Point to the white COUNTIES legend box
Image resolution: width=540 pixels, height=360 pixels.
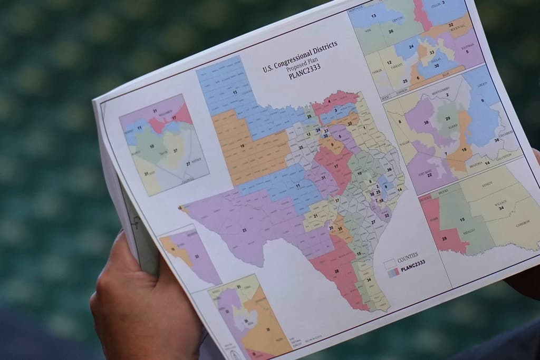pyautogui.click(x=390, y=262)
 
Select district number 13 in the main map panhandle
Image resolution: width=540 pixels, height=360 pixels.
pyautogui.click(x=235, y=93)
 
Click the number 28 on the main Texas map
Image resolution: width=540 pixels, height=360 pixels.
pyautogui.click(x=336, y=270)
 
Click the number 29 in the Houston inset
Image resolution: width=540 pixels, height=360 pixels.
pyautogui.click(x=448, y=119)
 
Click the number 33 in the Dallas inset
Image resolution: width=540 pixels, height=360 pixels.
pyautogui.click(x=431, y=52)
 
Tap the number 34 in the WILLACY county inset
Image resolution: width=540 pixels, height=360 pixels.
pyautogui.click(x=500, y=209)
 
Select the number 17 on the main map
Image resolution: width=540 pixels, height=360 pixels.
pyautogui.click(x=336, y=167)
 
